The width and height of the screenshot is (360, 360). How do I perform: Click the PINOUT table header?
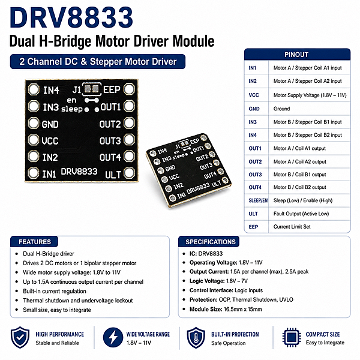297,55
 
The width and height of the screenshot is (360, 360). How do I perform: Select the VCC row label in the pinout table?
254,95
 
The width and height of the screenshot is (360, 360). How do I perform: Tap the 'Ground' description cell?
281,109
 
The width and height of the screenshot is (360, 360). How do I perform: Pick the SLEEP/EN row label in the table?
258,200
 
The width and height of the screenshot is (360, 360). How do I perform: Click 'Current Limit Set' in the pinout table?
292,227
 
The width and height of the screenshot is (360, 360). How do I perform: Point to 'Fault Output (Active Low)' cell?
301,214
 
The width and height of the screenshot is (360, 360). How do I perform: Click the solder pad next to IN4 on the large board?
34,89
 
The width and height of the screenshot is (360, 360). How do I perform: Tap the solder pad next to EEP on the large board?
129,89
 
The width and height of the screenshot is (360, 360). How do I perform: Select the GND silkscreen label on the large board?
50,124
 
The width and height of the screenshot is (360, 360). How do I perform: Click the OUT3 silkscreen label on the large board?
110,141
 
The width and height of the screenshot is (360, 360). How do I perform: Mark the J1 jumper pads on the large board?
92,89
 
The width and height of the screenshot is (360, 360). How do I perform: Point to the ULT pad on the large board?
129,173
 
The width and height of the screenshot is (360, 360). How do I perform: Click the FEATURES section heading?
35,242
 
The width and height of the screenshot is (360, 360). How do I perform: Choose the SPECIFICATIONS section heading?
211,242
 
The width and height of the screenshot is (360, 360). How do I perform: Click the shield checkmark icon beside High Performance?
20,337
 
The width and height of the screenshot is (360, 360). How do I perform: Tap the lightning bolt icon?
113,337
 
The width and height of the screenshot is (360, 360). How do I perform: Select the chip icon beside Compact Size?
292,337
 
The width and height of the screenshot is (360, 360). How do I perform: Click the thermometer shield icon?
196,338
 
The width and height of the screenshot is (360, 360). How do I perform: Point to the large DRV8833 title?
71,17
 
